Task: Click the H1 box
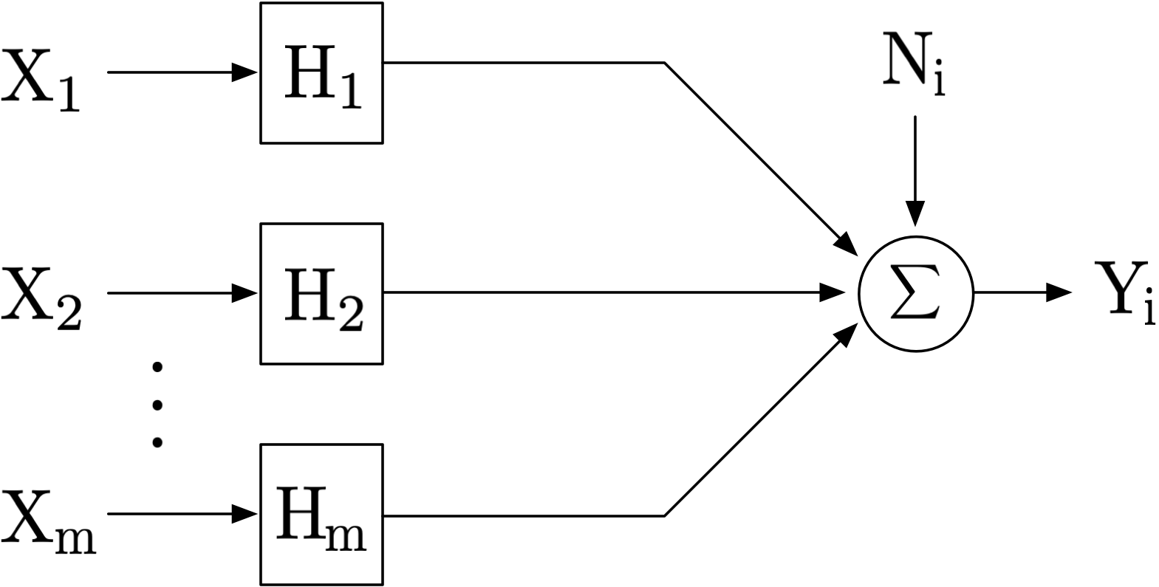[x=321, y=73]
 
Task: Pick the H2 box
[x=321, y=294]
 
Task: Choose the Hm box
[x=321, y=515]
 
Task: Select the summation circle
[x=915, y=293]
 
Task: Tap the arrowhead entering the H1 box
[x=246, y=72]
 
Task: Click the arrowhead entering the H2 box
[x=246, y=293]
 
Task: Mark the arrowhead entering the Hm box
[x=246, y=514]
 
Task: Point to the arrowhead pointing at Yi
[x=1059, y=293]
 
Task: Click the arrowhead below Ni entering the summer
[x=915, y=213]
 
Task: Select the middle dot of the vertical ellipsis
[x=157, y=404]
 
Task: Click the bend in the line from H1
[x=665, y=63]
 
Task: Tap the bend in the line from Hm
[x=665, y=515]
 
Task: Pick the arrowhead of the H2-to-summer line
[x=833, y=293]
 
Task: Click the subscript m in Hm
[x=344, y=537]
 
